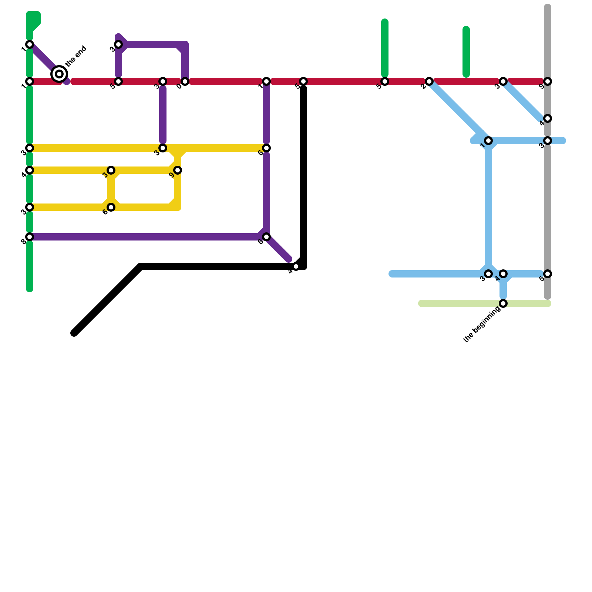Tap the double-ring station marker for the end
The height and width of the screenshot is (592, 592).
(x=59, y=74)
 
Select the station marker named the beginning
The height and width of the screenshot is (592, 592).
(x=503, y=303)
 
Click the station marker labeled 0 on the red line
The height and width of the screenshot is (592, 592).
(x=185, y=81)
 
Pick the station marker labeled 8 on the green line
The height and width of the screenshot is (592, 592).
(x=30, y=237)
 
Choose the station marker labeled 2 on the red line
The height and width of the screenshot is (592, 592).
(x=429, y=81)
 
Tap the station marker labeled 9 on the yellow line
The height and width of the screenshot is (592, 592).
(x=178, y=170)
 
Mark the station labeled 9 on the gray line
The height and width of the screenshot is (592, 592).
(x=548, y=81)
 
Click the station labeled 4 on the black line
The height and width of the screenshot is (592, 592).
(x=296, y=266)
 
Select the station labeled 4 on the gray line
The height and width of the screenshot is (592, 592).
(x=548, y=118)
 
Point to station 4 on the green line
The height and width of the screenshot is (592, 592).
(x=30, y=170)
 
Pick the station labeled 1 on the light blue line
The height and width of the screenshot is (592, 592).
(x=488, y=141)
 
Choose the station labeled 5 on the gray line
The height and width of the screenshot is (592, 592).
(x=548, y=274)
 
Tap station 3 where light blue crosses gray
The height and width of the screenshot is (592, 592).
(x=548, y=141)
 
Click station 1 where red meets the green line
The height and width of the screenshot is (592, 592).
(x=30, y=81)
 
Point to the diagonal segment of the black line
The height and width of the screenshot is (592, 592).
(x=107, y=300)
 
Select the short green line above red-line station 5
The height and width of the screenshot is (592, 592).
(x=385, y=48)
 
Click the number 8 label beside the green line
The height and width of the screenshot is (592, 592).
(x=24, y=242)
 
